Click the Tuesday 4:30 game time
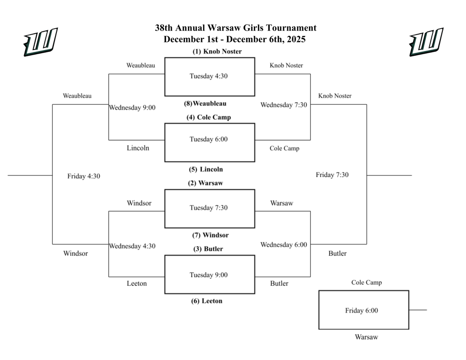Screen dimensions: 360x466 [x=208, y=76]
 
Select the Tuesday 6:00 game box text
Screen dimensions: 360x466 [x=208, y=139]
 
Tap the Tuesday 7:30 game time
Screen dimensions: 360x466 [x=208, y=208]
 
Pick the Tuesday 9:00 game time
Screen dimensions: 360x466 [x=208, y=275]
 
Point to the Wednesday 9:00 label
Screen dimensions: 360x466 [x=132, y=108]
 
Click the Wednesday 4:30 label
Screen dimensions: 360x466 [x=132, y=246]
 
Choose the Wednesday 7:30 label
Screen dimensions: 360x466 [x=284, y=105]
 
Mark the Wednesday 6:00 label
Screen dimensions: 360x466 [x=284, y=245]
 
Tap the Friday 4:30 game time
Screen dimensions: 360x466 [x=84, y=176]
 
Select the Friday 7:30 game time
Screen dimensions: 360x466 [x=332, y=175]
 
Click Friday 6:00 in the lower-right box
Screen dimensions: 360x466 [x=361, y=310]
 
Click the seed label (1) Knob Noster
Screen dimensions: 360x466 [x=217, y=51]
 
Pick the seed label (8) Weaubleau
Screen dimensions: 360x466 [x=205, y=103]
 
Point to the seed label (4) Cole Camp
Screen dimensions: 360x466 [x=208, y=117]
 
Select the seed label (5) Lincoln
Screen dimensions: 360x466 [x=206, y=169]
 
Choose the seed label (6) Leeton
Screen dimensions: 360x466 [x=207, y=301]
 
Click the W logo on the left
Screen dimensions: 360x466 [x=40, y=42]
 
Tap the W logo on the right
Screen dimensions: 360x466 [x=426, y=42]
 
